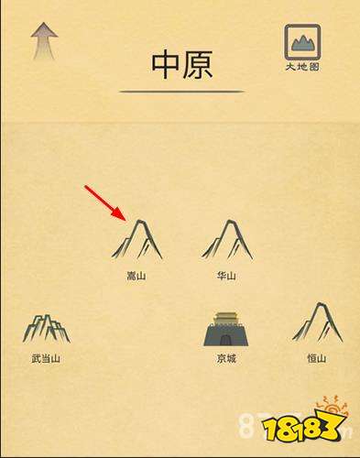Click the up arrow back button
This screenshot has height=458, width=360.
click(x=44, y=40)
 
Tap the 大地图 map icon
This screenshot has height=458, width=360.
click(x=302, y=42)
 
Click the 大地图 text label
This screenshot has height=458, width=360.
click(x=302, y=67)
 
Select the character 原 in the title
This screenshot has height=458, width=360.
click(x=198, y=65)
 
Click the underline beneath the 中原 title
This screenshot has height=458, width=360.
click(x=182, y=91)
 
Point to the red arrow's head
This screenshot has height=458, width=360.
click(x=120, y=214)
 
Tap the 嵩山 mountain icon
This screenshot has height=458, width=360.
click(x=137, y=240)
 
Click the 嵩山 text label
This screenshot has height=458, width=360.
click(x=136, y=276)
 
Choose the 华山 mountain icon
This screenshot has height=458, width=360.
click(x=227, y=240)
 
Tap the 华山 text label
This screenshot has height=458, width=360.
click(x=226, y=276)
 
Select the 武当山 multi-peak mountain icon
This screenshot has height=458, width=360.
click(x=47, y=328)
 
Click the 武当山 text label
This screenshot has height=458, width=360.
click(x=46, y=358)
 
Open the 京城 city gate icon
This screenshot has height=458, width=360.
click(x=226, y=329)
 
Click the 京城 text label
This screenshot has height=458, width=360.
click(x=226, y=358)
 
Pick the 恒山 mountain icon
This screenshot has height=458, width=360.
click(x=318, y=322)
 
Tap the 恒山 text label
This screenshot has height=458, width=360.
click(x=317, y=358)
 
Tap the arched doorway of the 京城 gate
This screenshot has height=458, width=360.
click(x=226, y=340)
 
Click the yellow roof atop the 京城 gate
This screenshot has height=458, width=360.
click(x=226, y=318)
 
